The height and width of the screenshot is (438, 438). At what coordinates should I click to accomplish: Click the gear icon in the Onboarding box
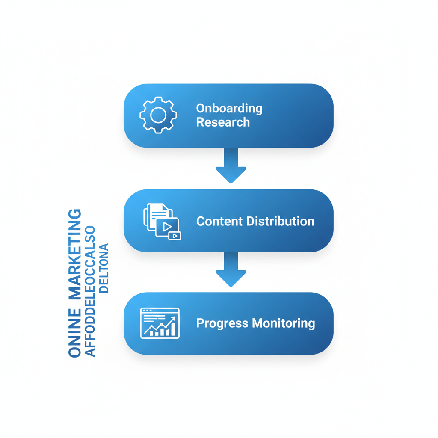(158, 115)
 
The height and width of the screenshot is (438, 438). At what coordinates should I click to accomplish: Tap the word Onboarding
(229, 108)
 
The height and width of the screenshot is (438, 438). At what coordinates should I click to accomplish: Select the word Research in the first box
(222, 122)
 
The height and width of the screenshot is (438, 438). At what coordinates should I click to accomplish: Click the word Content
(220, 221)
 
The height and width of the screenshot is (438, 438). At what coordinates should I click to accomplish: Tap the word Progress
(222, 323)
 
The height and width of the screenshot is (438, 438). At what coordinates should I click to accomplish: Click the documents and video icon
(161, 221)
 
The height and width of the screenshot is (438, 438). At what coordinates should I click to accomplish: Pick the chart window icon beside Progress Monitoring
(160, 323)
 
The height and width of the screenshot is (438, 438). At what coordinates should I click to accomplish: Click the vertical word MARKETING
(75, 254)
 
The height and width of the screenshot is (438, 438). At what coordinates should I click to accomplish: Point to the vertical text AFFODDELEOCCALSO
(90, 291)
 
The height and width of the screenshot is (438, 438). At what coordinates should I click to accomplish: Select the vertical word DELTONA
(104, 268)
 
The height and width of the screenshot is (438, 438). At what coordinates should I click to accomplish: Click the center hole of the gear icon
(158, 115)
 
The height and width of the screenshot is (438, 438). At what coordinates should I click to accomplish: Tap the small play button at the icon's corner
(175, 236)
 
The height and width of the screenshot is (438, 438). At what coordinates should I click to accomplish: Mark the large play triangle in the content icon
(167, 227)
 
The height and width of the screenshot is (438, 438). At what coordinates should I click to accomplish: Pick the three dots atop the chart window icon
(147, 311)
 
